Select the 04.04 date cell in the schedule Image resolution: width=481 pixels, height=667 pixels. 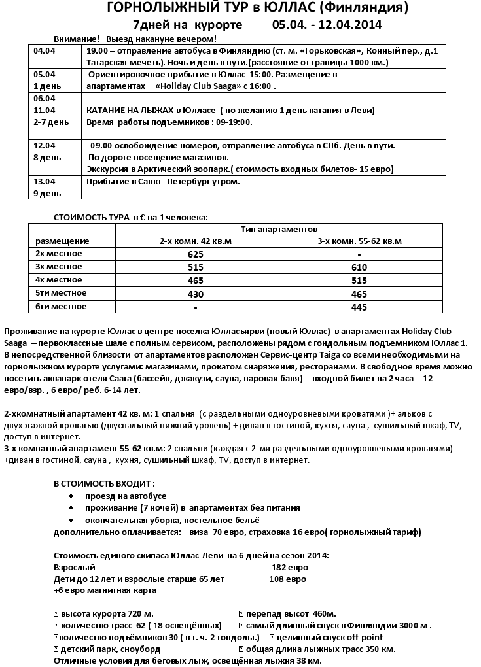point(45,50)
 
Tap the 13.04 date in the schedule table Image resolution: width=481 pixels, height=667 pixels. point(45,181)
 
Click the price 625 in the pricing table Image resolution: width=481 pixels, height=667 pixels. point(196,254)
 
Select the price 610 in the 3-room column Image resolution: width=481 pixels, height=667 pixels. point(360,267)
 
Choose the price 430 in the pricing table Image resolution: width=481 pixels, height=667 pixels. point(196,294)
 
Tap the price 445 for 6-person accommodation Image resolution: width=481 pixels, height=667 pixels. point(360,307)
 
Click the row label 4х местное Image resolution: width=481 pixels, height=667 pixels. point(59,280)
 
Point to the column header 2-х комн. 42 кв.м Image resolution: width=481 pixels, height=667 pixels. point(196,241)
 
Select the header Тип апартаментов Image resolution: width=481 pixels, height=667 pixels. point(279,230)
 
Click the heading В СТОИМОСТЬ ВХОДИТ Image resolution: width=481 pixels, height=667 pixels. point(104,483)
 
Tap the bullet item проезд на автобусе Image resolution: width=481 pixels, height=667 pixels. point(116,496)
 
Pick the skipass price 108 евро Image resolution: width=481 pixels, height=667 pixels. point(288,579)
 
